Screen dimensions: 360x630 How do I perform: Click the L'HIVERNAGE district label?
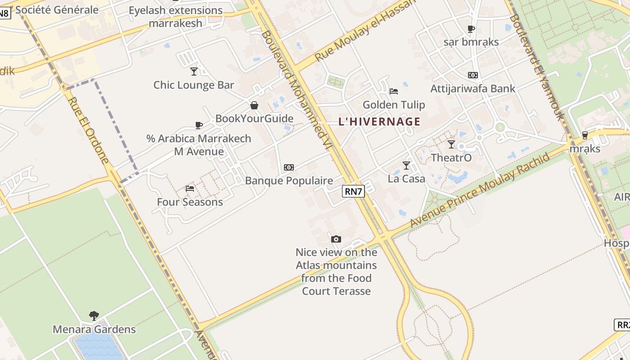point(379,121)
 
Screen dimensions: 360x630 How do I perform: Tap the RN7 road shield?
point(353,191)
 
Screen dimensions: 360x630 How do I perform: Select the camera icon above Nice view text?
point(336,239)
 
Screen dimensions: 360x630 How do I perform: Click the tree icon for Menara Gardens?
point(94,315)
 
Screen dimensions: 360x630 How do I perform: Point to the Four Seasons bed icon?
point(190,188)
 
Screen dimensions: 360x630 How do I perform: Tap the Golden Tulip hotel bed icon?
point(394,91)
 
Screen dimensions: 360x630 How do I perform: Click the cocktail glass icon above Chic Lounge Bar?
point(194,71)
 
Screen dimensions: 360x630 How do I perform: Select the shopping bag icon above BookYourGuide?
point(254,105)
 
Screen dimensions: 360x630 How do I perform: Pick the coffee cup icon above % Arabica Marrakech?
point(199,125)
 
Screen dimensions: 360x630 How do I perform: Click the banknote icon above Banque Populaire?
point(289,167)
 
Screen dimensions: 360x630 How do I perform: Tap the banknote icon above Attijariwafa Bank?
point(473,75)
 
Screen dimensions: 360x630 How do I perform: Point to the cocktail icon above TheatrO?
point(451,144)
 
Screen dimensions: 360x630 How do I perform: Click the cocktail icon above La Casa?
point(406,166)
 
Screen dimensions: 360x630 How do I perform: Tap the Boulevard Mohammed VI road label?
point(299,96)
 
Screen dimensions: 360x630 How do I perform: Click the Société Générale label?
point(57,9)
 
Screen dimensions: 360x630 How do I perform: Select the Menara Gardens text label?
point(94,329)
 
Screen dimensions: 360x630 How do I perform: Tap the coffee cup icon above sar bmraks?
point(471,29)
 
